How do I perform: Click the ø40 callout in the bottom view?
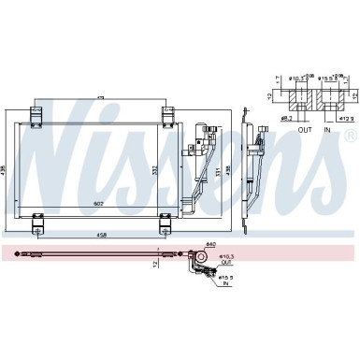coord(211,244)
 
